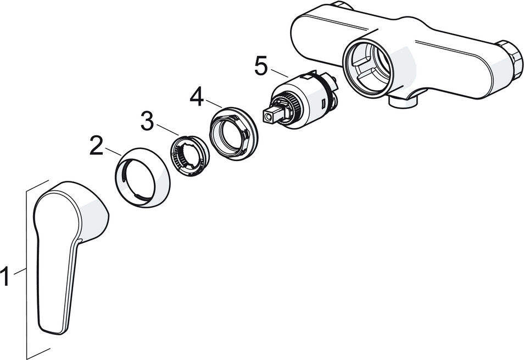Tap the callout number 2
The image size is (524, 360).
97,145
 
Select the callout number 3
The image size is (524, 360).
147,121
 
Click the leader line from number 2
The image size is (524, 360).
113,152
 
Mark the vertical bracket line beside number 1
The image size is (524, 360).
26,269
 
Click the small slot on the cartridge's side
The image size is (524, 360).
323,103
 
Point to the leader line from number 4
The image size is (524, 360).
214,104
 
